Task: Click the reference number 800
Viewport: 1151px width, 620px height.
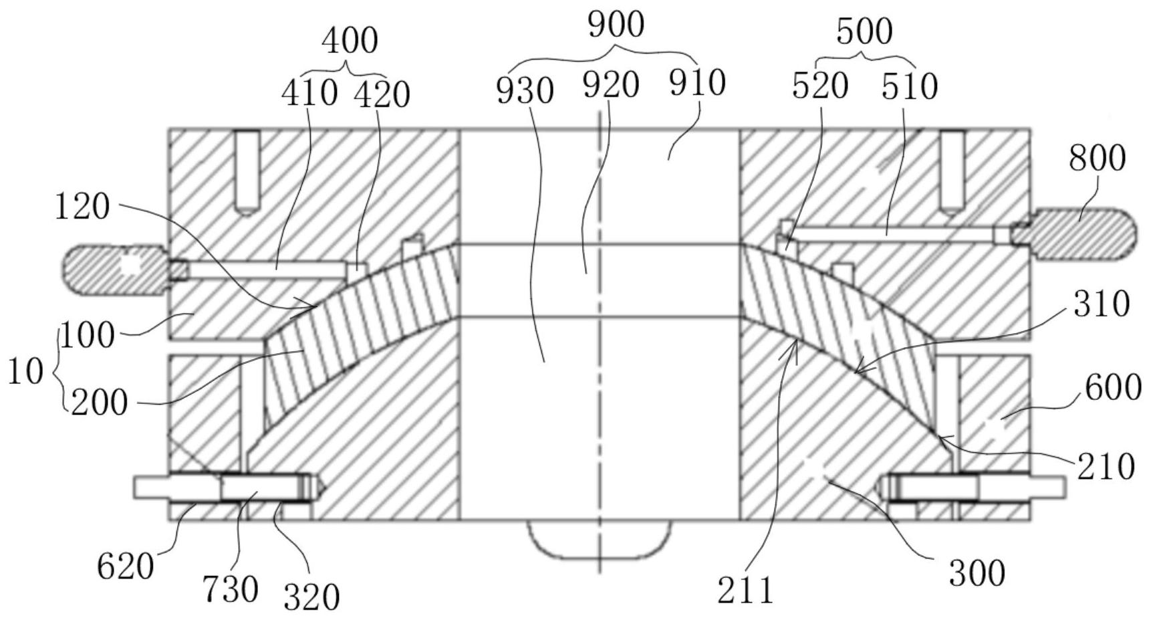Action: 1097,159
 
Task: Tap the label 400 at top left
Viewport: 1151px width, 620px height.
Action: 350,41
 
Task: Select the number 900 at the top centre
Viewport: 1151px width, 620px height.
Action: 616,25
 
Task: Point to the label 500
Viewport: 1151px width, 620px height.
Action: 864,31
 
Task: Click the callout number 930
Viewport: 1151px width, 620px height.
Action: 525,91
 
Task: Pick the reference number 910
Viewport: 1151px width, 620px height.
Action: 697,84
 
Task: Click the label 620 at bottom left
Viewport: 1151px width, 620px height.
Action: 126,567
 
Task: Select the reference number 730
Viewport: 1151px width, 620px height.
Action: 231,589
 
